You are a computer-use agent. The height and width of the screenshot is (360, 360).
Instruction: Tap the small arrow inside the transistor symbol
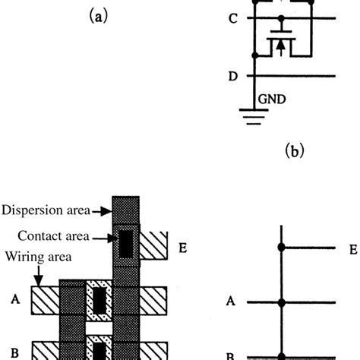[x=281, y=47]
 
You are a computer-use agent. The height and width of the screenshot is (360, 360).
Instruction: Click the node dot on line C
[x=281, y=18]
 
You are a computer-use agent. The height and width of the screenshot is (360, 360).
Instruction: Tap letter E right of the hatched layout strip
[x=182, y=248]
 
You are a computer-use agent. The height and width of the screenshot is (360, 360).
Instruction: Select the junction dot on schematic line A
[x=282, y=302]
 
